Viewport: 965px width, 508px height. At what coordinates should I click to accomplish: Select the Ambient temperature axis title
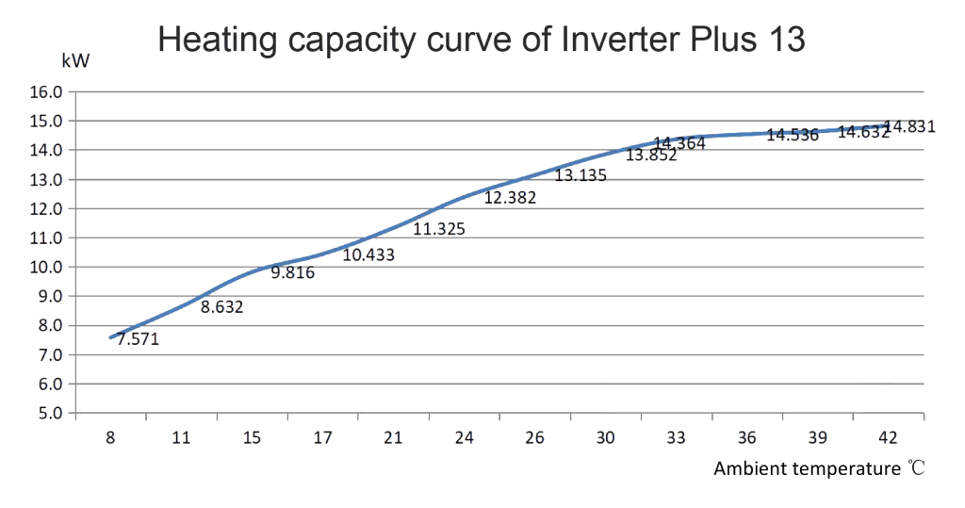(x=818, y=468)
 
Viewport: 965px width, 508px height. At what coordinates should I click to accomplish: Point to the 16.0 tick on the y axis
(x=46, y=92)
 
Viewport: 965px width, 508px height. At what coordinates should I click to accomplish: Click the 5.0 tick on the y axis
(x=46, y=413)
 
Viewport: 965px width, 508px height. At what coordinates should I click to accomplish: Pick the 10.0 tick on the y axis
(x=46, y=267)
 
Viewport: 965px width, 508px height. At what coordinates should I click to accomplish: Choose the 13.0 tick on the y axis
(x=46, y=179)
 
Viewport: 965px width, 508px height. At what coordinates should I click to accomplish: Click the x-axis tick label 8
(x=111, y=437)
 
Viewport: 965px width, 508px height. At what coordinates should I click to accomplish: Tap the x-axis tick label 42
(x=888, y=437)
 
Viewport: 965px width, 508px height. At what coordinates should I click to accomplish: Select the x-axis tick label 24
(x=464, y=437)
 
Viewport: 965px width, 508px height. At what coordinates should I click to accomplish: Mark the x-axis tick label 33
(x=676, y=437)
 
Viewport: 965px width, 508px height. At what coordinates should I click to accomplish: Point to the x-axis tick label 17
(x=323, y=437)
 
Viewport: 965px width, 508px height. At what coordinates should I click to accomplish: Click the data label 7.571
(x=138, y=339)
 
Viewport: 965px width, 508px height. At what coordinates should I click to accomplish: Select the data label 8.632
(x=222, y=306)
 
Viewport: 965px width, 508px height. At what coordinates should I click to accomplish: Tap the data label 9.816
(x=293, y=273)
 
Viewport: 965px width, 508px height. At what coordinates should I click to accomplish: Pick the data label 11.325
(x=439, y=228)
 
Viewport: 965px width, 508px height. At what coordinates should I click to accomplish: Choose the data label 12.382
(x=510, y=198)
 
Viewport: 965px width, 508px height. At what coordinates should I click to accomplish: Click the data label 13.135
(x=581, y=175)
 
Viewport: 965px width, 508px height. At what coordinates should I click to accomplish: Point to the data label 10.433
(x=368, y=254)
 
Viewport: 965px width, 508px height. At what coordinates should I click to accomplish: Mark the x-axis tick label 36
(x=746, y=437)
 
